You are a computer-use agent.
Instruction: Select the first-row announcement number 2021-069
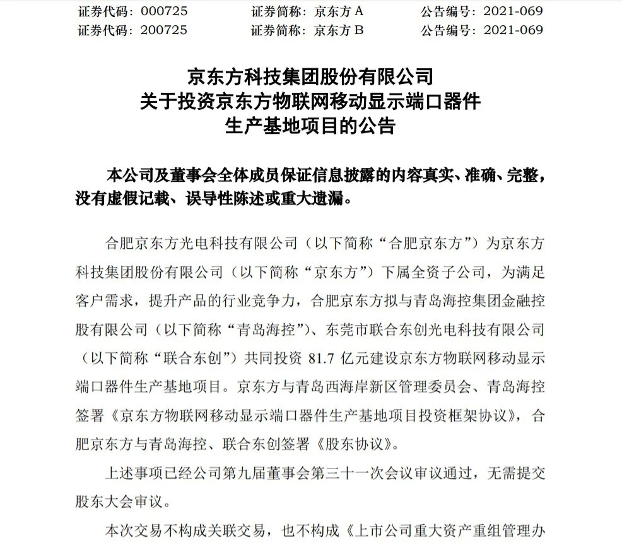click(x=513, y=11)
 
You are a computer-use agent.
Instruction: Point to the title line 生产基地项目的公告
click(x=311, y=126)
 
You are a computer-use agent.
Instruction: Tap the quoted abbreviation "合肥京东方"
click(x=429, y=242)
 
